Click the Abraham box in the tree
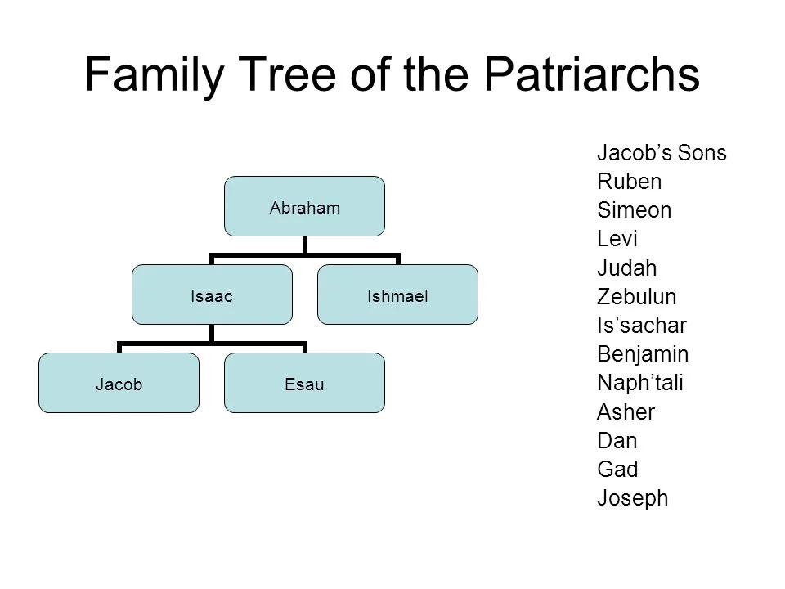coord(305,207)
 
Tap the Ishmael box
coord(397,294)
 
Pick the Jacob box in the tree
coord(119,383)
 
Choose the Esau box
coord(305,383)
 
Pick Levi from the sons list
coord(618,239)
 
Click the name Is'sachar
coord(642,325)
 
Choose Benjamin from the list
coord(643,354)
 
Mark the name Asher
coord(626,411)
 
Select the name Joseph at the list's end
coord(632,498)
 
